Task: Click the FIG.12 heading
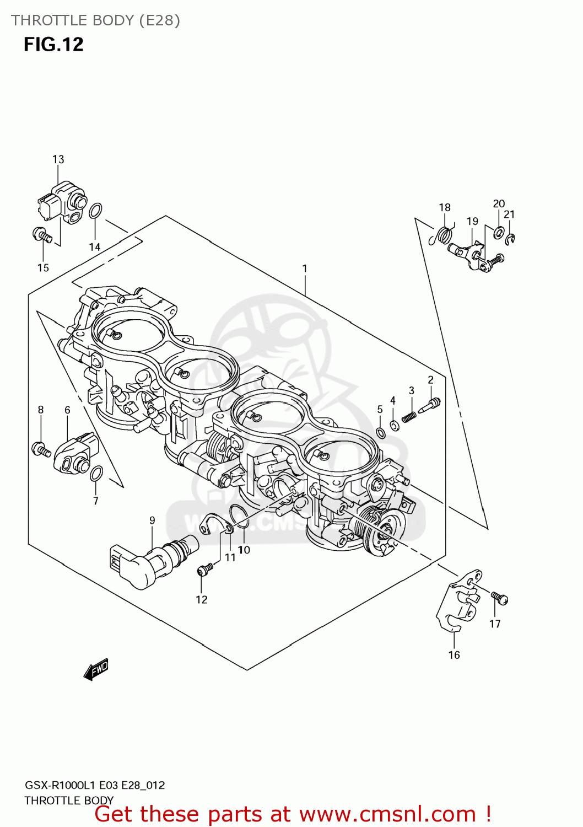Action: pyautogui.click(x=53, y=44)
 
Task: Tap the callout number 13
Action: pyautogui.click(x=58, y=159)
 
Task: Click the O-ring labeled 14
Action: pyautogui.click(x=95, y=211)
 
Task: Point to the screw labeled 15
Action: pyautogui.click(x=42, y=235)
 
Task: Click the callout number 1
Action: pyautogui.click(x=304, y=268)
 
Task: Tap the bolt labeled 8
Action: pyautogui.click(x=41, y=449)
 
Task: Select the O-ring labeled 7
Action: pyautogui.click(x=96, y=473)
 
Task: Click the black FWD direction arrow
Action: pyautogui.click(x=96, y=670)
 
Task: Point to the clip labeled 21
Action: pyautogui.click(x=511, y=239)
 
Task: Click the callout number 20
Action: pyautogui.click(x=499, y=203)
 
